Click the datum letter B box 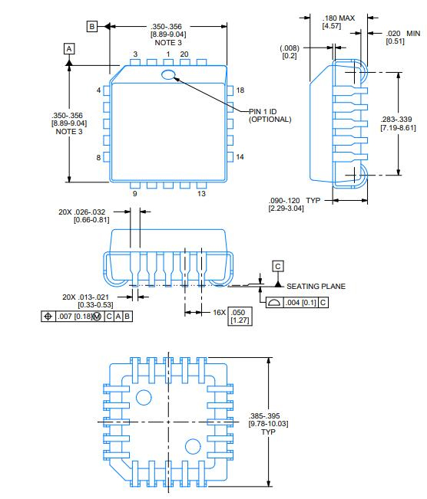tap(92, 26)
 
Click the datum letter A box tap(69, 48)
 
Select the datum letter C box tap(278, 265)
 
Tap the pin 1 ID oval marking tap(168, 74)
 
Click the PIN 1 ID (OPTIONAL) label tap(270, 115)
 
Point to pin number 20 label tap(184, 54)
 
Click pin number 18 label tap(240, 90)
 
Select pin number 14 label tap(240, 157)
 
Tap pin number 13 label tap(201, 194)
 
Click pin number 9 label tap(134, 194)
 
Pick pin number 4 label tap(98, 90)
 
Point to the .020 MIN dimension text tap(402, 38)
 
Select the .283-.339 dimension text tap(399, 123)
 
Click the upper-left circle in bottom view tap(143, 397)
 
